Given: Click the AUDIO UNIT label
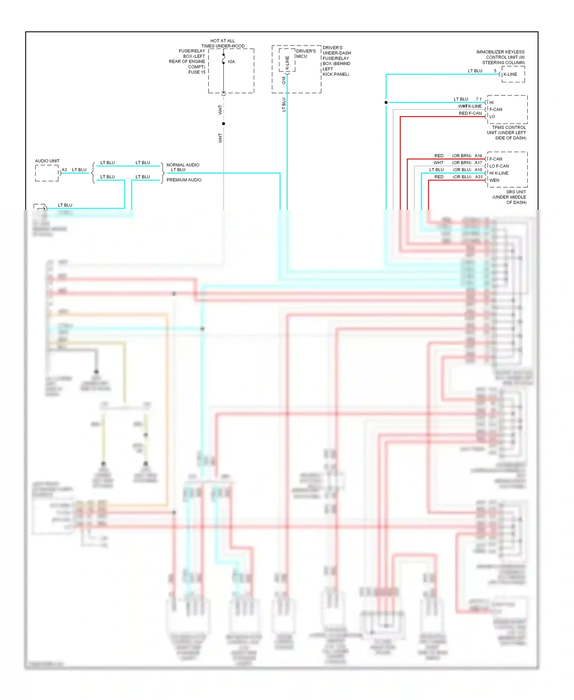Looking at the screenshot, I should coord(47,161).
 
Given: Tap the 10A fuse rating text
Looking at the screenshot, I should coord(231,62).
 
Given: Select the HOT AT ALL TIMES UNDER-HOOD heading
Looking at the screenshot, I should coord(223,43).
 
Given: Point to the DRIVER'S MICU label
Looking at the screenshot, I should coord(306,54).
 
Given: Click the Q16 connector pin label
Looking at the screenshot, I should coord(284,80).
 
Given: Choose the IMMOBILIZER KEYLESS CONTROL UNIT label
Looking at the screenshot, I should coord(501,57).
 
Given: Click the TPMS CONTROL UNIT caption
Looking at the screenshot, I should coord(507,132).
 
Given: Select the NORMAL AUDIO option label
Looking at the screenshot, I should coord(183,165).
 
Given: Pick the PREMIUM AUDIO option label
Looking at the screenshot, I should coord(184,180).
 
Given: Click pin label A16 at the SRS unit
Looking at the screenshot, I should coord(478,156).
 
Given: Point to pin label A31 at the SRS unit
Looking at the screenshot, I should coord(478,177).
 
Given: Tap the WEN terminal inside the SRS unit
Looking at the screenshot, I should coord(494,180).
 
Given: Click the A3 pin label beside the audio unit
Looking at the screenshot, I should coord(64,170).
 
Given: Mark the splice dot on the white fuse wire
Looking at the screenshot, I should coord(223,124).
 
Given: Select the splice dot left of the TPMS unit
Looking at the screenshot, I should coord(386,103).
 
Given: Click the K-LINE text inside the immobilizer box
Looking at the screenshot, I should coord(510,74).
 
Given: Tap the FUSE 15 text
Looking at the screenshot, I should coord(197,72).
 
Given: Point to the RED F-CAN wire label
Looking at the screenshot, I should coord(470,113).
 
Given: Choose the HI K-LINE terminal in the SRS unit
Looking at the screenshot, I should coord(499,173).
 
